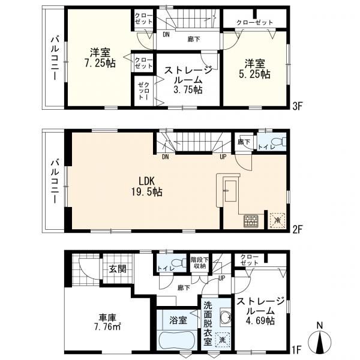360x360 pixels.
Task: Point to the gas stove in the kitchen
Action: click(x=251, y=221)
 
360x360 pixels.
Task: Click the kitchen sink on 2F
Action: click(x=230, y=191)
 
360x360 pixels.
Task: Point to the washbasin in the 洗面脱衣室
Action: click(x=226, y=317)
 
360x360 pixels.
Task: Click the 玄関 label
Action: click(x=118, y=268)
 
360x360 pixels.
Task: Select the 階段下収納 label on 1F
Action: click(x=200, y=263)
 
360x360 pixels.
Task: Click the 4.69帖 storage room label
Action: click(x=260, y=311)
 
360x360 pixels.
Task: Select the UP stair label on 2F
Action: click(x=223, y=157)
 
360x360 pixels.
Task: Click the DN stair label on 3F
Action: click(x=166, y=34)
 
